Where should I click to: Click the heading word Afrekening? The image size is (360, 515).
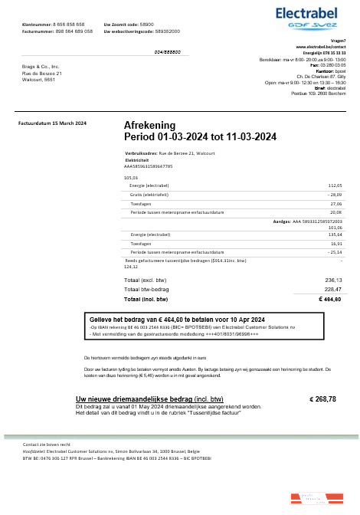[149, 125]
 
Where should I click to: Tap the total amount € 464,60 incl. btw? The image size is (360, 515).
[329, 299]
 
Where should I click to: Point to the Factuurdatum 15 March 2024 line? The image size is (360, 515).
[52, 123]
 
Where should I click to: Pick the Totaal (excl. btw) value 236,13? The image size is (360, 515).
[333, 280]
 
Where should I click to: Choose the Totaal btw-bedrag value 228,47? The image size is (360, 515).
[333, 290]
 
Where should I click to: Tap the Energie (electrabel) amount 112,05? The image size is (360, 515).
[335, 185]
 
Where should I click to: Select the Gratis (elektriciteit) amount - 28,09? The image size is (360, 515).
[334, 195]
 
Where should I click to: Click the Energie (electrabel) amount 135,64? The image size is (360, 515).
[335, 234]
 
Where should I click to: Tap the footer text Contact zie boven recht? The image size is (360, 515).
[47, 444]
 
